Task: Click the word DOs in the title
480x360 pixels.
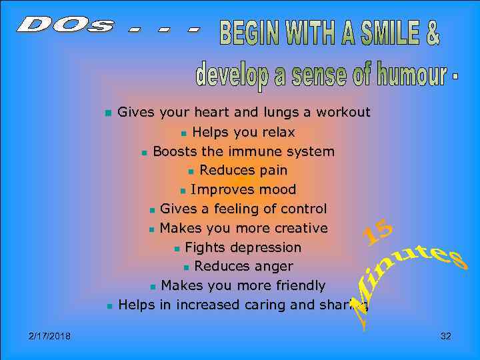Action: [x=64, y=26]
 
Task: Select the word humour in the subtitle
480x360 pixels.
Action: [x=411, y=75]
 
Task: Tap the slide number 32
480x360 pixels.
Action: [x=446, y=336]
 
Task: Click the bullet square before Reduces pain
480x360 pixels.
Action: [x=191, y=171]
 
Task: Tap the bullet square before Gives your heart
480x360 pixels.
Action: [x=108, y=113]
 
